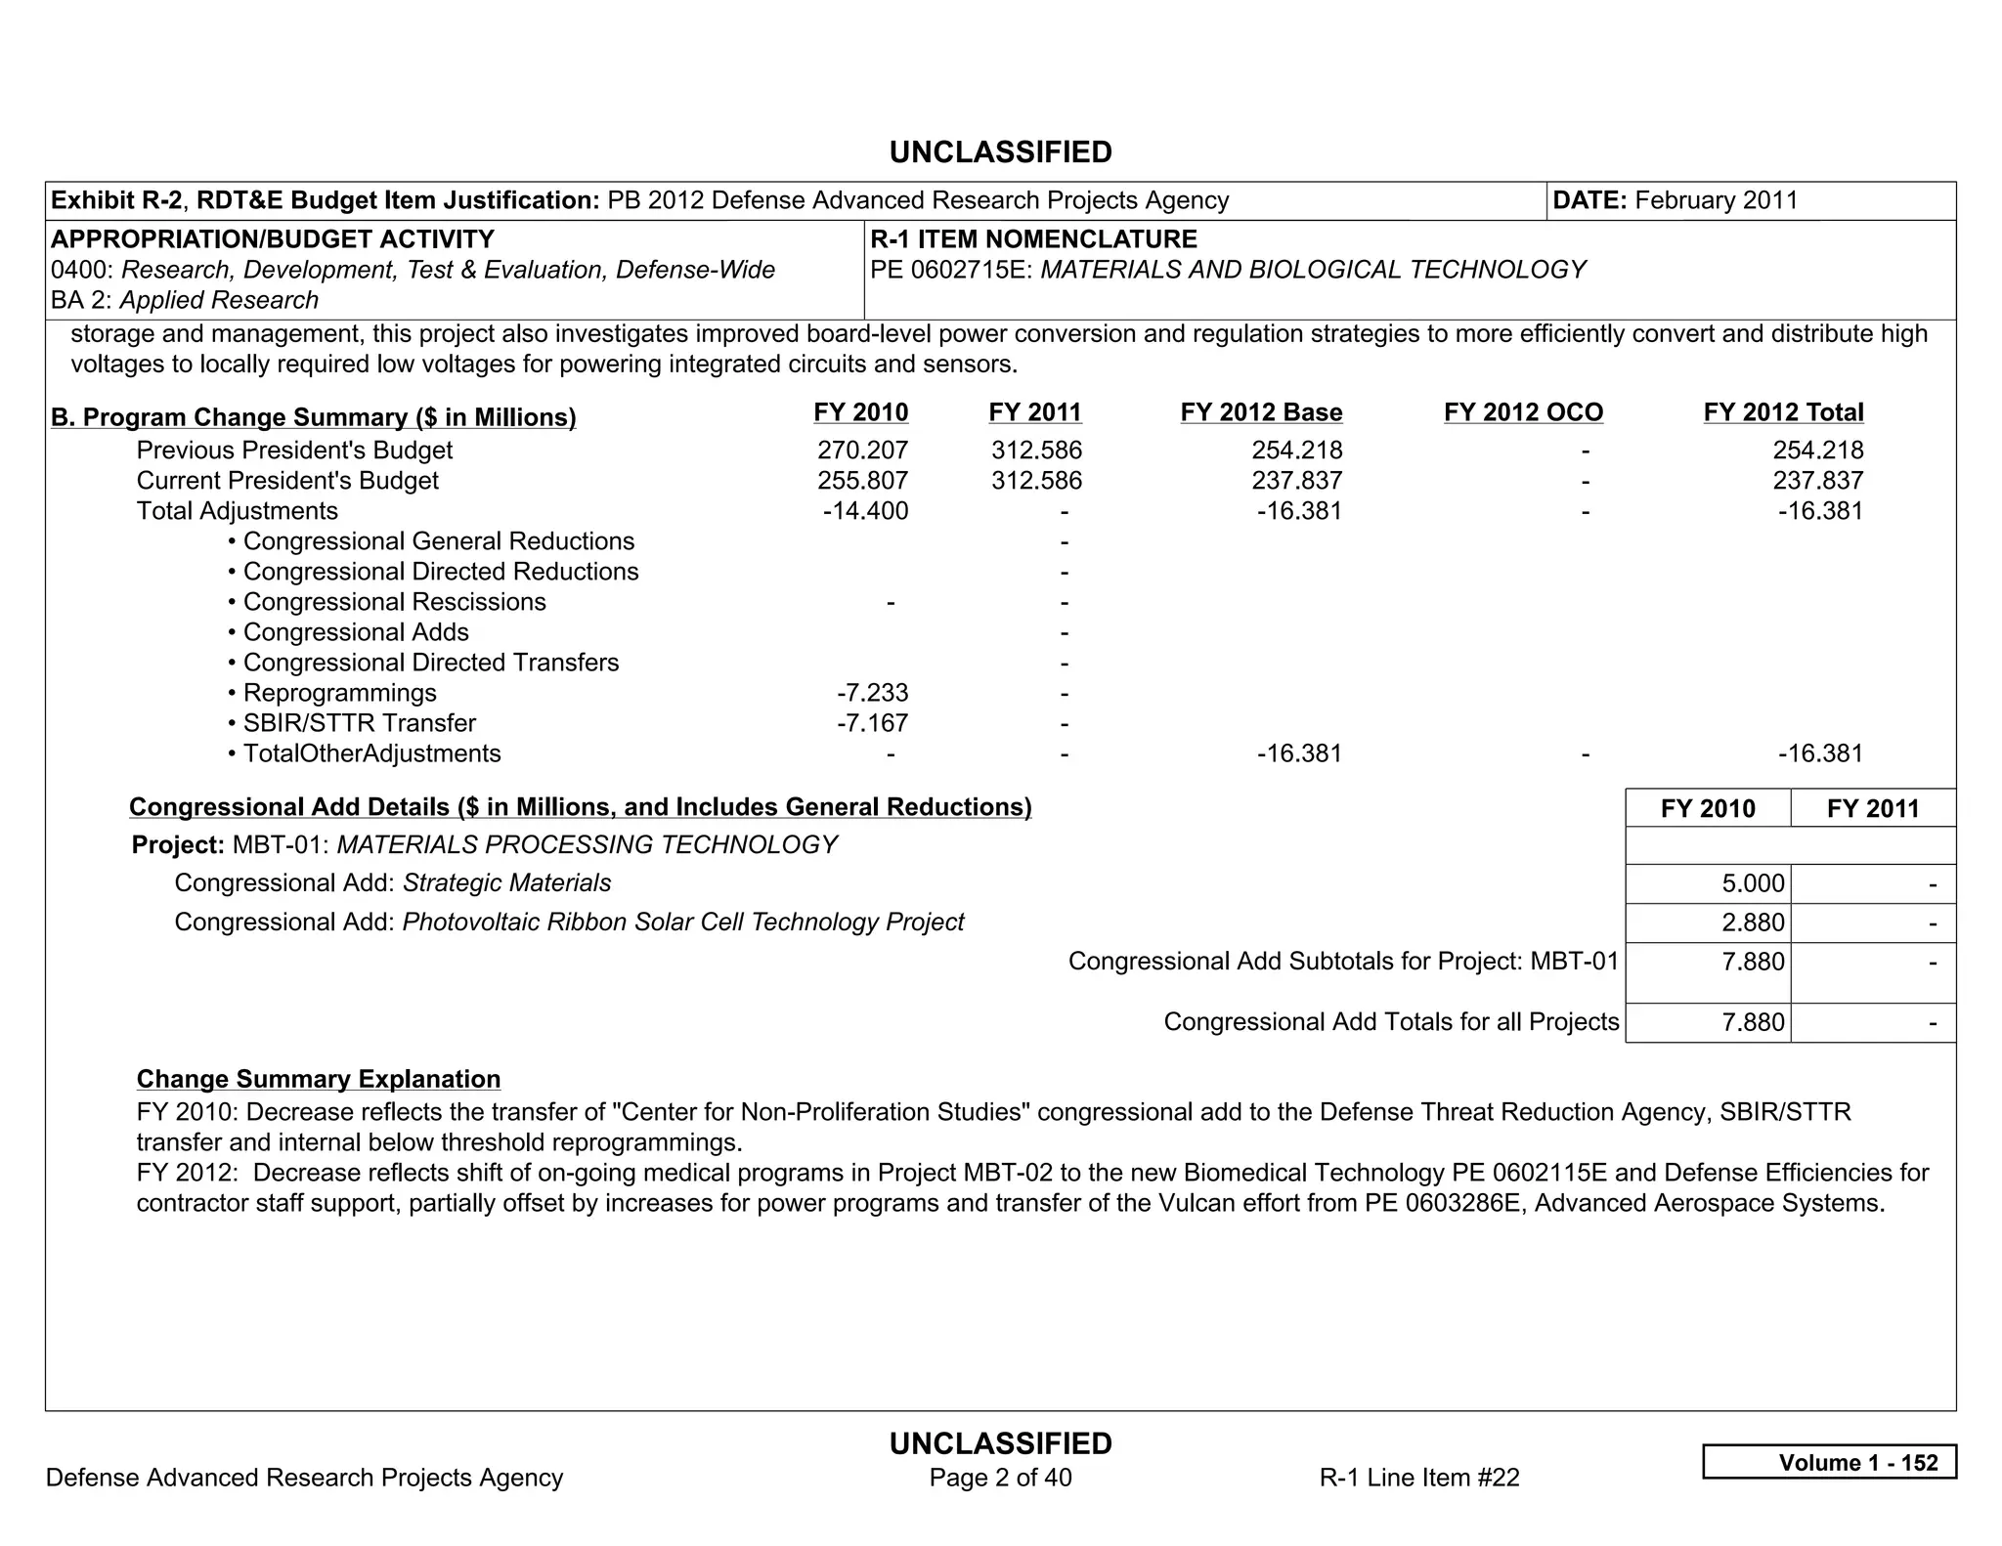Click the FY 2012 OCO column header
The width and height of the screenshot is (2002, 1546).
(x=1523, y=412)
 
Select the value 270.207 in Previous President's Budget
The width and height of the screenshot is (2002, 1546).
(x=862, y=451)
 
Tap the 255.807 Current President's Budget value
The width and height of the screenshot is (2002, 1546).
(x=862, y=481)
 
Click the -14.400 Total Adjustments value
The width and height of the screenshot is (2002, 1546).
(x=865, y=511)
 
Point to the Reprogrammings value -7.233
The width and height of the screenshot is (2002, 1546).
(x=872, y=693)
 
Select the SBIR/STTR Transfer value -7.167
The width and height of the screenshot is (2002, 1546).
(x=872, y=723)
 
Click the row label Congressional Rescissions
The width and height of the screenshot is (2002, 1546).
(x=394, y=602)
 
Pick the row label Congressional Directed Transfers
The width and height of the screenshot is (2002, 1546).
(x=430, y=663)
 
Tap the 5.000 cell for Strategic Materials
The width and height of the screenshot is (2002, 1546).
(x=1753, y=883)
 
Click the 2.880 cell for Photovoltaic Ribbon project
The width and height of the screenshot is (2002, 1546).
(x=1753, y=923)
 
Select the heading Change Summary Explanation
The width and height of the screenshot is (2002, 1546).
(x=319, y=1079)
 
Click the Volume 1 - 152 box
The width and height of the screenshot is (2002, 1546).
(x=1829, y=1462)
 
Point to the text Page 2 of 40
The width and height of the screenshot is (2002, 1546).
(x=1000, y=1478)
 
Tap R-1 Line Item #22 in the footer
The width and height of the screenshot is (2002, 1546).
(x=1418, y=1478)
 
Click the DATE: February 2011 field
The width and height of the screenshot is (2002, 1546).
(x=1675, y=200)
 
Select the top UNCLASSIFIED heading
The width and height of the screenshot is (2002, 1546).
(x=1000, y=152)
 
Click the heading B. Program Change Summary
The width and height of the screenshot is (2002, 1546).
(x=313, y=417)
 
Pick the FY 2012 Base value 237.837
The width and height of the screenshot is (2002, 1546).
(x=1296, y=481)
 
